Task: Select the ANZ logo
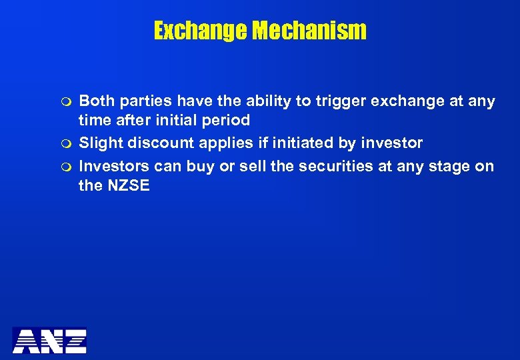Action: point(49,340)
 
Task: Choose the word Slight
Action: point(101,143)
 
